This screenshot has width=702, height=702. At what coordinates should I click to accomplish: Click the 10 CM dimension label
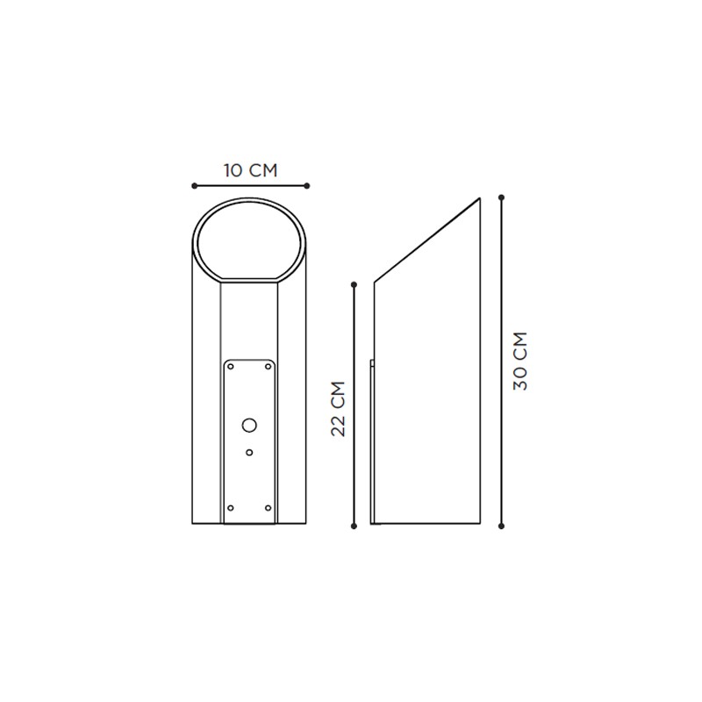(x=251, y=170)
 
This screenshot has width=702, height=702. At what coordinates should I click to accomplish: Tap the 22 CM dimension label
(x=339, y=409)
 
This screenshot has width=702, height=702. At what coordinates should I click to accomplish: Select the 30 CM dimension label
(x=520, y=361)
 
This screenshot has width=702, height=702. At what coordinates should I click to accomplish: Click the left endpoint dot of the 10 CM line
(x=194, y=186)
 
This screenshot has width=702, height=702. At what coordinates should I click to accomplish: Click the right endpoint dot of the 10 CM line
(x=306, y=186)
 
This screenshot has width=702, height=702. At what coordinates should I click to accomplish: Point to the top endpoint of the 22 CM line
(x=355, y=284)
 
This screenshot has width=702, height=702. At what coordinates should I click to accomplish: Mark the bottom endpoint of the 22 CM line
(x=355, y=526)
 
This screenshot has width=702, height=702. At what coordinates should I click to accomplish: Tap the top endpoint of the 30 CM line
(x=501, y=197)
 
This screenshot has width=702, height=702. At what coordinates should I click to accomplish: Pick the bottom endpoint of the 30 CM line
(x=501, y=526)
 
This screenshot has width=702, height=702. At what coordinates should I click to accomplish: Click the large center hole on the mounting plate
(x=249, y=425)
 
